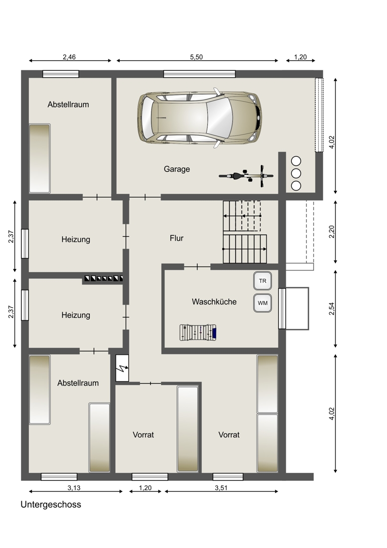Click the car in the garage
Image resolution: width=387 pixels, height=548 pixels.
click(199, 118)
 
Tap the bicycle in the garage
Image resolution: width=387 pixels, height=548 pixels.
click(246, 176)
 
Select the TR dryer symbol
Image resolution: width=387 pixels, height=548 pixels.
click(262, 281)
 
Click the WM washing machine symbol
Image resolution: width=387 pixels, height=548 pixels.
click(262, 303)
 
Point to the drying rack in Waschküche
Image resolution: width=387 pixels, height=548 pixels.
click(198, 332)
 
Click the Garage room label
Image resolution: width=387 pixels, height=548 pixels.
click(177, 169)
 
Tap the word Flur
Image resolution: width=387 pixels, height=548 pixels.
click(176, 238)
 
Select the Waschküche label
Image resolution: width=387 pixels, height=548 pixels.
click(214, 301)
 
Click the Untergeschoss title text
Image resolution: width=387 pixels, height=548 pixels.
click(51, 505)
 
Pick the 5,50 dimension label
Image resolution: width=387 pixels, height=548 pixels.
click(196, 57)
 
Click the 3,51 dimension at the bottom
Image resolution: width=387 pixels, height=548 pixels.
click(222, 488)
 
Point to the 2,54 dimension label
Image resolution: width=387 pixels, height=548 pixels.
click(332, 308)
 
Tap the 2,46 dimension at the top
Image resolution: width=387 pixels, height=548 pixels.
click(69, 57)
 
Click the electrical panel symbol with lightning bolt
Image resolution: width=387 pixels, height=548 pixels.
click(122, 368)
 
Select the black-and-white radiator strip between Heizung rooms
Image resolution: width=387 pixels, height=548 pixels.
click(104, 278)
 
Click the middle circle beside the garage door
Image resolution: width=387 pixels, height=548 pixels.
click(296, 173)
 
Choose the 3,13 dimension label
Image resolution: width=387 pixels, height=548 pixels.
click(74, 488)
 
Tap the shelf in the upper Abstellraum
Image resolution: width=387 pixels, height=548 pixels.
click(39, 158)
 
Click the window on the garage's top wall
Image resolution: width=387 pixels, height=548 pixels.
click(199, 74)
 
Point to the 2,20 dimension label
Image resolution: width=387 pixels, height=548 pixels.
click(332, 232)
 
